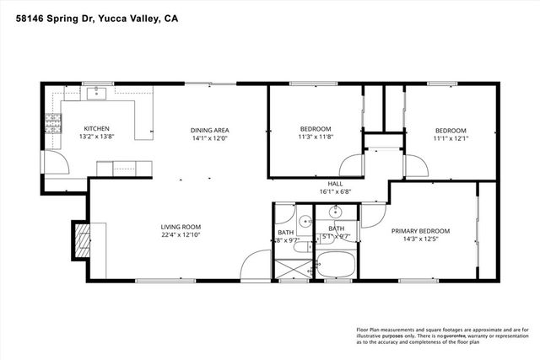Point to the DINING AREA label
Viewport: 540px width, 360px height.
tap(210, 130)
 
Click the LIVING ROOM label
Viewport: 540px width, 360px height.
tap(181, 227)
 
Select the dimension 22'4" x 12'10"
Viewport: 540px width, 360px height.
tap(181, 236)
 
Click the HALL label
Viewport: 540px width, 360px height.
tap(335, 183)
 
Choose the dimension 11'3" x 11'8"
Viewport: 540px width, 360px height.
tap(316, 138)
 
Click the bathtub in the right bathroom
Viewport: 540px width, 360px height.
tap(336, 264)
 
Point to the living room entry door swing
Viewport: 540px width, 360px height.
tap(253, 268)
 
